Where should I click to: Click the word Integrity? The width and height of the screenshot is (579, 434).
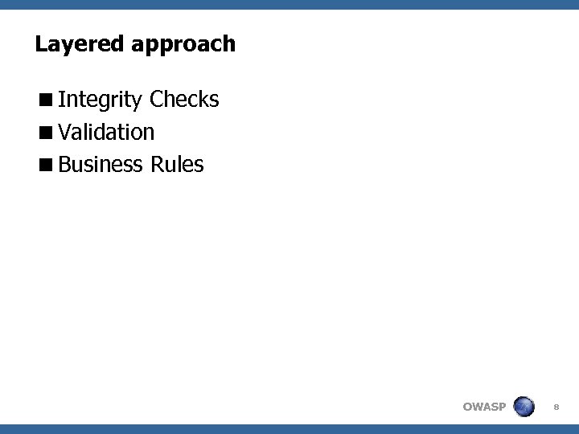(101, 100)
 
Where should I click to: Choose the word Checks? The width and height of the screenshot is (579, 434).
(184, 100)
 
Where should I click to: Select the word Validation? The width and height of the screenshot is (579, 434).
(106, 132)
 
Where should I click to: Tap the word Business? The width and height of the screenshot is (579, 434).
(101, 165)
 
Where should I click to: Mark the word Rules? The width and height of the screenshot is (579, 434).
(177, 165)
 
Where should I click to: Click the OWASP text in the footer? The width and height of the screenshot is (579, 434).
(484, 407)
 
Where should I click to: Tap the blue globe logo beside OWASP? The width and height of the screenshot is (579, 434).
(524, 406)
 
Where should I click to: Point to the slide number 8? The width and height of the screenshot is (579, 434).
(557, 407)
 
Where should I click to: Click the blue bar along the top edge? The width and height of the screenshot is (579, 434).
(289, 4)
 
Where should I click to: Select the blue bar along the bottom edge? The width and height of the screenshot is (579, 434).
(289, 429)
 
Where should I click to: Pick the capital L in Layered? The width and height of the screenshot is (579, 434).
(40, 43)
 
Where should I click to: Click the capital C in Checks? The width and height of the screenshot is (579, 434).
(156, 100)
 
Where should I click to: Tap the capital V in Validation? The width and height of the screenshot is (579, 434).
(65, 132)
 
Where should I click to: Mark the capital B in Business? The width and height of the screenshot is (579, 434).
(65, 165)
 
